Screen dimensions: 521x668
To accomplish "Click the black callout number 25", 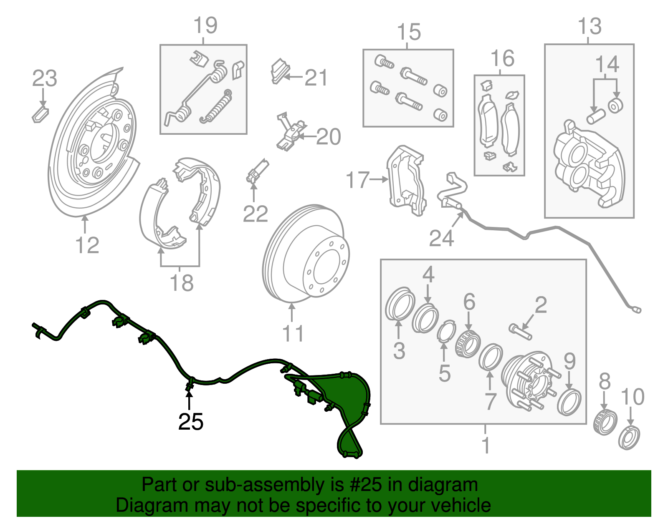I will click(x=190, y=422).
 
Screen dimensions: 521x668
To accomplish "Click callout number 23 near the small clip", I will click(x=44, y=78).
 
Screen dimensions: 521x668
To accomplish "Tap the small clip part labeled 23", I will click(x=40, y=114).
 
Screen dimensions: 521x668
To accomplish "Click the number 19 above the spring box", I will click(x=205, y=26).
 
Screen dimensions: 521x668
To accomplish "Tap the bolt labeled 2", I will click(x=520, y=332).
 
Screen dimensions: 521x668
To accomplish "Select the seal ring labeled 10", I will click(x=629, y=438).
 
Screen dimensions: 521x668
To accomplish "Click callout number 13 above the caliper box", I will click(x=590, y=27).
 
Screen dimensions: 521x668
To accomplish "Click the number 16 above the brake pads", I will click(x=502, y=58).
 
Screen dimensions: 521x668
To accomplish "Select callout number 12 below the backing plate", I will click(x=87, y=245).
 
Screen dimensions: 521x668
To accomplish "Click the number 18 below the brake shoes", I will click(x=181, y=283).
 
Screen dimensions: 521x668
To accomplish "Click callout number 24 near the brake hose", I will click(x=441, y=239).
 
